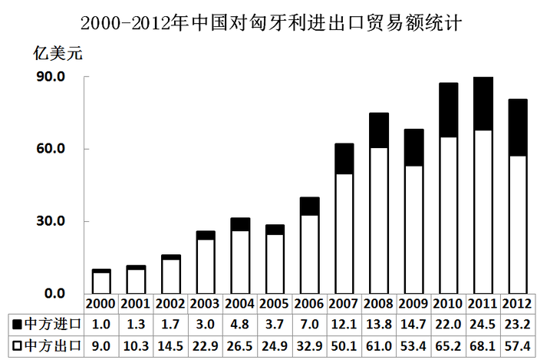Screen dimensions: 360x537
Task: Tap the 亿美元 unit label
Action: (x=55, y=54)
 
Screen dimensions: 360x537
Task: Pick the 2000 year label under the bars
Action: (x=102, y=303)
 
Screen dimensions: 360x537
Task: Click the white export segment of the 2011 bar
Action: (x=483, y=212)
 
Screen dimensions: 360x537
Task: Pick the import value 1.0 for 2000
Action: (x=102, y=323)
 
